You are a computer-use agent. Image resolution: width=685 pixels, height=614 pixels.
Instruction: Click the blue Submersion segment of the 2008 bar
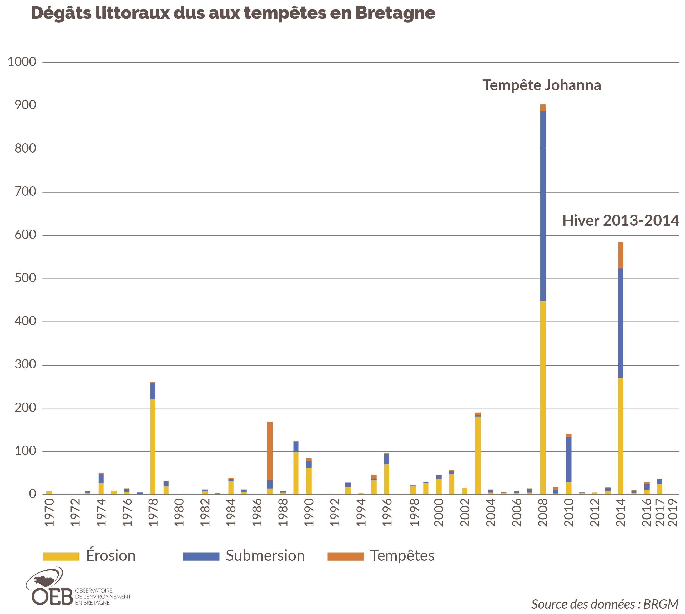543,206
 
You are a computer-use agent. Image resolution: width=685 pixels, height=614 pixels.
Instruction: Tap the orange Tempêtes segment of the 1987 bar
270,451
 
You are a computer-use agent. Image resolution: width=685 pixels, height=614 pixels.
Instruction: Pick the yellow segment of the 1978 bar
153,447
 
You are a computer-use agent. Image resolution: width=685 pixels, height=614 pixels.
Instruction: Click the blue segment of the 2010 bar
568,459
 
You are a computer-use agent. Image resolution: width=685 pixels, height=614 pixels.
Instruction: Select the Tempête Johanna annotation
542,85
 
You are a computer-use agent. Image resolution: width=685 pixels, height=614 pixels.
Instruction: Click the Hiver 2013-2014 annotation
620,220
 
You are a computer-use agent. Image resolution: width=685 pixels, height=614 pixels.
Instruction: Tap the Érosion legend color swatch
61,556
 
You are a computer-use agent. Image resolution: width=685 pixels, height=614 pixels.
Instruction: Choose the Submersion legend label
265,556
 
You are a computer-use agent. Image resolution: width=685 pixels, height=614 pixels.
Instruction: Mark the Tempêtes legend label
402,556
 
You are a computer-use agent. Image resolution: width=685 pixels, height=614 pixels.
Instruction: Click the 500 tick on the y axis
25,278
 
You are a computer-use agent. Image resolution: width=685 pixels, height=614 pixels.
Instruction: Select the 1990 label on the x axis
309,512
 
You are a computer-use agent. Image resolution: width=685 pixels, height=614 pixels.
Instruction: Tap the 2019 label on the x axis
673,512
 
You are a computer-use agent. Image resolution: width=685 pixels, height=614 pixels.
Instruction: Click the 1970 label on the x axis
49,512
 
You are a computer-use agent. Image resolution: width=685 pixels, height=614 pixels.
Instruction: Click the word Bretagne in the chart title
395,13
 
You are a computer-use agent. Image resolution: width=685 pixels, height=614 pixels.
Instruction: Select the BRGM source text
660,604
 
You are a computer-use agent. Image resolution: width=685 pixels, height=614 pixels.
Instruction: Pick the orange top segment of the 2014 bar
621,255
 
